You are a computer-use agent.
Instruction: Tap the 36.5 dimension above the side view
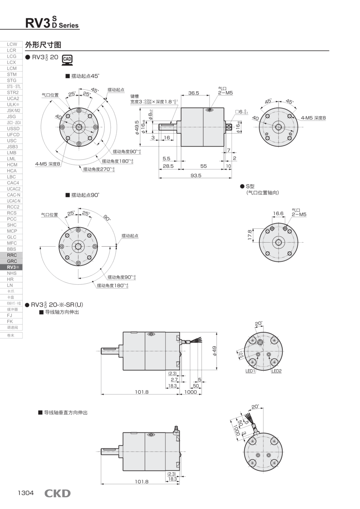point(193,93)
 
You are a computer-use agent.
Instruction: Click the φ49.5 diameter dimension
point(136,127)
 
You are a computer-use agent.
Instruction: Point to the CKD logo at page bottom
point(57,493)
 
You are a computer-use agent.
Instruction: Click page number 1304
point(25,493)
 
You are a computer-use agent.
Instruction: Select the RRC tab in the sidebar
point(11,255)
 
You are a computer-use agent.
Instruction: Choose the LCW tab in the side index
point(11,44)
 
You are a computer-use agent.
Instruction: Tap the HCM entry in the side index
point(11,164)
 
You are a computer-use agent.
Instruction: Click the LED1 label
point(250,371)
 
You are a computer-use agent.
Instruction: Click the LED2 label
point(277,371)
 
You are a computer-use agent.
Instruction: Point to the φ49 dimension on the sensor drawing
point(214,350)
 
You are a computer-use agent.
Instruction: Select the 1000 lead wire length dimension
point(191,392)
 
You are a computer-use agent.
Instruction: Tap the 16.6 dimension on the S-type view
point(278,213)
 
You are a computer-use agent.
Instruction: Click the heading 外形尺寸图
point(43,45)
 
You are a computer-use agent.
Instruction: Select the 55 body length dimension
point(203,166)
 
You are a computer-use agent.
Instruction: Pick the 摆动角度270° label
point(99,169)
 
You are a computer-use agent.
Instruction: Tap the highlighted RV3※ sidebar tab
point(11,267)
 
